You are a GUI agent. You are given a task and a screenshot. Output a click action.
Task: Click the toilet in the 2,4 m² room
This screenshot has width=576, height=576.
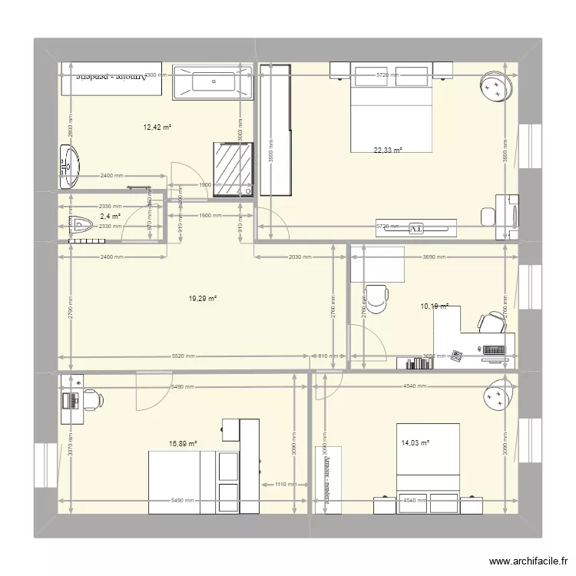pos(79,225)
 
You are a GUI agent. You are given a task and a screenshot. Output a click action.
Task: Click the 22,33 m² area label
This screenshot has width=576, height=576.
pos(388,151)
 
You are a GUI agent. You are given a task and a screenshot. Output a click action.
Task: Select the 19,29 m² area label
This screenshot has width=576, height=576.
pos(203,298)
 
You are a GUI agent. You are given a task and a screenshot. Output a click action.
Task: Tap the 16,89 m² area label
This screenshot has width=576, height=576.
pos(183,443)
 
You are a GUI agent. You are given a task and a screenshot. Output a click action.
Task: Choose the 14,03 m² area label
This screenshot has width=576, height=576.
pos(414,442)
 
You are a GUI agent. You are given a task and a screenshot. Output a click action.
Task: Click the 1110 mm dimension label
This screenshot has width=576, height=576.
pos(285,485)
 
